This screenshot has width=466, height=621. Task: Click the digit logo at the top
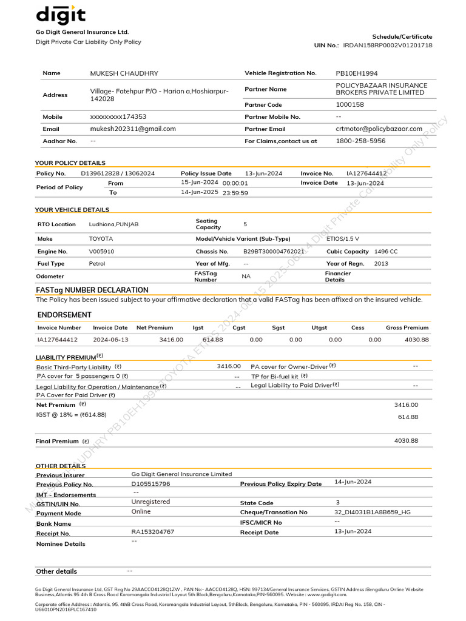61,15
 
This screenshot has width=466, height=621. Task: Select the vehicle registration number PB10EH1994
356,73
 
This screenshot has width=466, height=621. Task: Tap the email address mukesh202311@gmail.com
133,129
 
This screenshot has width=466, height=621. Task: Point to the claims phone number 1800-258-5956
360,141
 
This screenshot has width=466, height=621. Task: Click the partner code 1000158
350,105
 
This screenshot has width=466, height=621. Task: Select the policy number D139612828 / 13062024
118,173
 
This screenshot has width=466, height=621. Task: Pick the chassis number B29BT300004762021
274,251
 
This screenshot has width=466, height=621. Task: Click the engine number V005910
101,251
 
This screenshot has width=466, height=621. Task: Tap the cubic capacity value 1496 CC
386,251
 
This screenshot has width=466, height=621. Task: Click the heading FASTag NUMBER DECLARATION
92,290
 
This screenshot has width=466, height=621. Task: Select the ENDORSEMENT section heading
64,315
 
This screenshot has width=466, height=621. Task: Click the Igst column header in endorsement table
198,327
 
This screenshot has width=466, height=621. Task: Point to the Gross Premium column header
407,327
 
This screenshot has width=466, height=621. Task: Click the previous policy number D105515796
150,484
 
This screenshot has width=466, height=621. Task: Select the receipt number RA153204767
152,532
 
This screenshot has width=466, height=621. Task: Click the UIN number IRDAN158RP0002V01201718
388,45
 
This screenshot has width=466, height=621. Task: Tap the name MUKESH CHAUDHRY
124,73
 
